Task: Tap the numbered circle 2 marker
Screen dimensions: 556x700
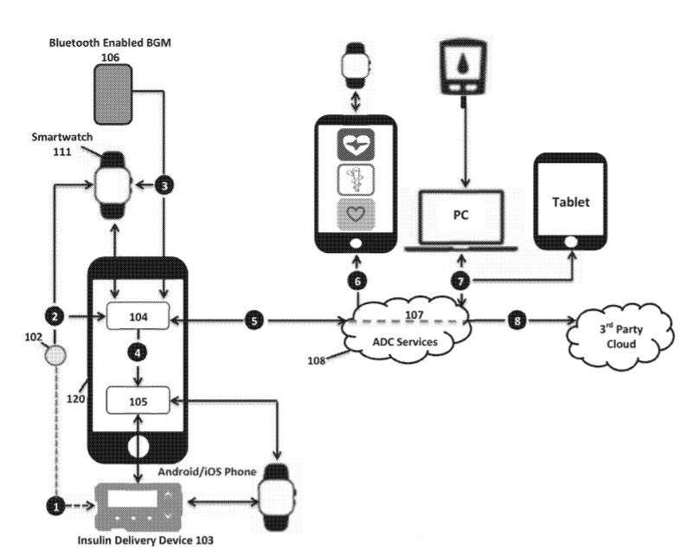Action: [56, 318]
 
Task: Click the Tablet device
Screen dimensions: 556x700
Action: [570, 202]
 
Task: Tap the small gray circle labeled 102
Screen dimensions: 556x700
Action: [56, 354]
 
